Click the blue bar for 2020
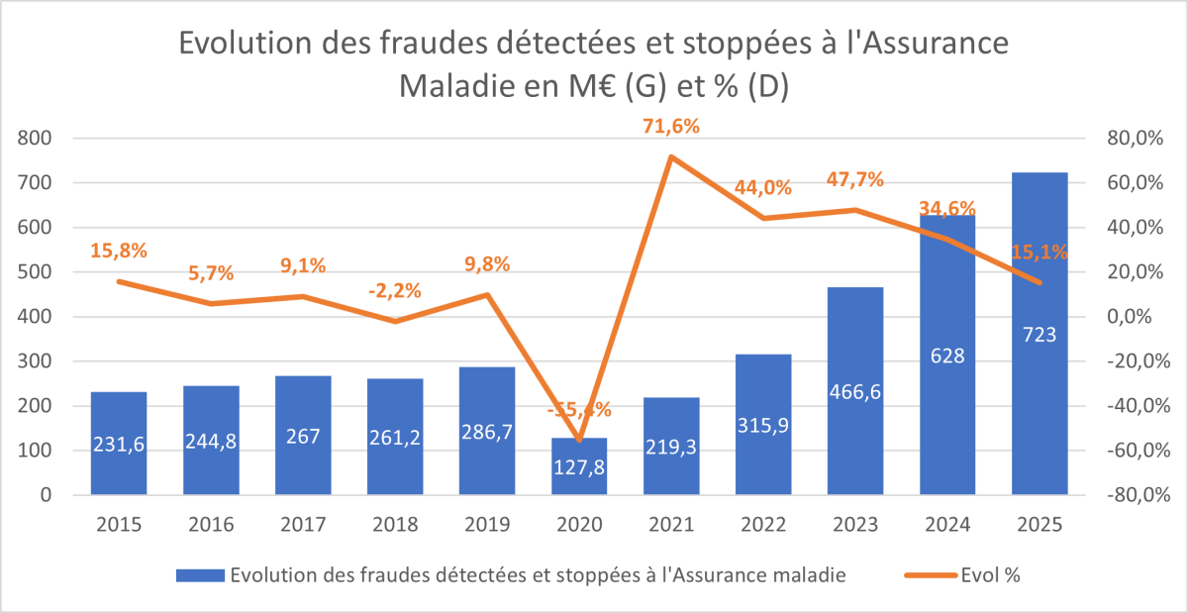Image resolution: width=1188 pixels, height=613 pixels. point(579,466)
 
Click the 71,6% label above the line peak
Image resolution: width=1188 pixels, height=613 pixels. point(671,127)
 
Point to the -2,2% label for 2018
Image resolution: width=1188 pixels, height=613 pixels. point(395,291)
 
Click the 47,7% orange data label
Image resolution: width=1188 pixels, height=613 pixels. point(855,180)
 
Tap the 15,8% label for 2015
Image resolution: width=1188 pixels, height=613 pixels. point(119,251)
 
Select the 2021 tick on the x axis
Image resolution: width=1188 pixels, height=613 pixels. point(671,525)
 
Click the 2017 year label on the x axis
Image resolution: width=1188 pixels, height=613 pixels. point(303,525)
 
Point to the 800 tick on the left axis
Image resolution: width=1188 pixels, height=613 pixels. point(36,139)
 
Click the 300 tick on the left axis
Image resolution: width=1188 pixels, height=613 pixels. point(36,361)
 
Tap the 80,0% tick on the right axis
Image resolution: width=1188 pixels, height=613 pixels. point(1133,139)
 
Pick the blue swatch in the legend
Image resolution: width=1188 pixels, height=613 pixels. point(198,575)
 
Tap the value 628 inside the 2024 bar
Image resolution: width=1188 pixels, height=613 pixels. point(947,357)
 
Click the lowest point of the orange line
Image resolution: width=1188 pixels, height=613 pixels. point(579,440)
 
